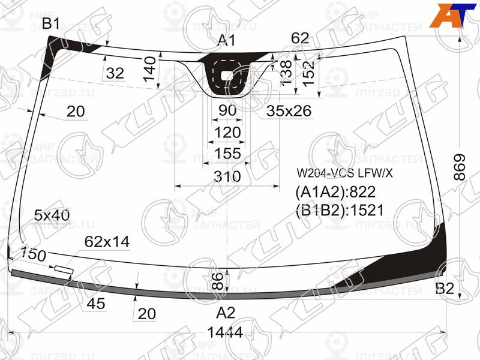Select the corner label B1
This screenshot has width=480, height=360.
(x=50, y=24)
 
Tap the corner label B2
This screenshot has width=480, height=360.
(x=445, y=289)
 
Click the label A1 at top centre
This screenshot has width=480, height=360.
(x=226, y=41)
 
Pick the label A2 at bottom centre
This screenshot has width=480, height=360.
(x=226, y=312)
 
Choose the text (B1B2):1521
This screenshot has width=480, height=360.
(x=339, y=209)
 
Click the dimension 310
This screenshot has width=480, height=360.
(x=227, y=177)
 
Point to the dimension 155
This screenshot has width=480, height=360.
(x=227, y=154)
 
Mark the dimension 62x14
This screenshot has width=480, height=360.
(x=107, y=242)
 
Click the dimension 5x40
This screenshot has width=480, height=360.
(x=52, y=215)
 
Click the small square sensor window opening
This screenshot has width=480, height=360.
(x=227, y=76)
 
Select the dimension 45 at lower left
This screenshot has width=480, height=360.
(x=96, y=304)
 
